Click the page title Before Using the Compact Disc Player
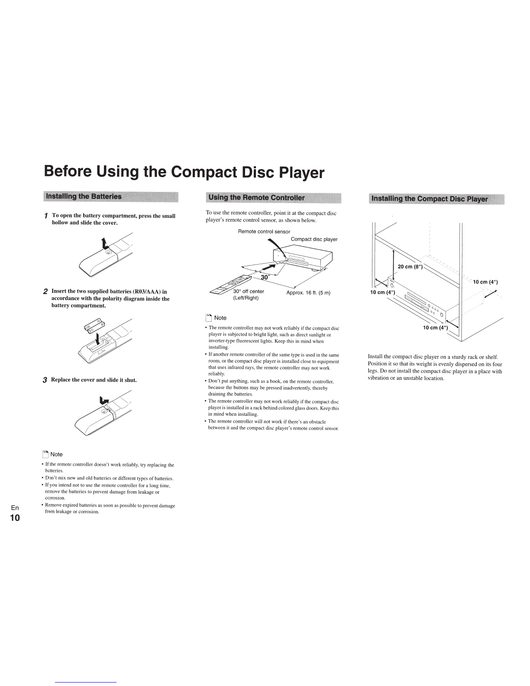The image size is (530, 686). pos(184,172)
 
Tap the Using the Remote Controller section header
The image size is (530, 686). pos(257,198)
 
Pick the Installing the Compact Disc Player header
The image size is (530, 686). pos(428,199)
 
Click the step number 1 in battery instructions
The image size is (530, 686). pos(46,216)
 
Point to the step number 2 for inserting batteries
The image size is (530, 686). pos(45,292)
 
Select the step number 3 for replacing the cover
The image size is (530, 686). pos(45,380)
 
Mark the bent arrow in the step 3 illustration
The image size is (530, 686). pos(104,401)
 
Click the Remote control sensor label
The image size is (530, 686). pos(264,232)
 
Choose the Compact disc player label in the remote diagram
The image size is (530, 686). pos(314,239)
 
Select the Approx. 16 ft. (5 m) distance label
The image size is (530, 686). pos(308,293)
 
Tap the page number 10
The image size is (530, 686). pos(15,518)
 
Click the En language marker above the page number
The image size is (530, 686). pos(15,508)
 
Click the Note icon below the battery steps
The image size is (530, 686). pos(45,454)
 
